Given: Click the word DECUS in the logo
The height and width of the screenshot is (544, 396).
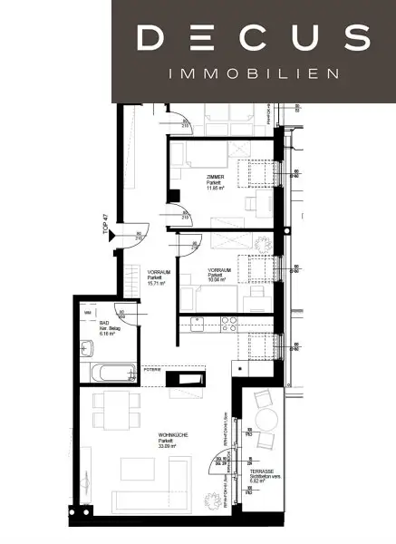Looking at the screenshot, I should pos(253,38).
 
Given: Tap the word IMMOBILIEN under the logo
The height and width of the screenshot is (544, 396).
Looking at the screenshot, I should pos(253,73).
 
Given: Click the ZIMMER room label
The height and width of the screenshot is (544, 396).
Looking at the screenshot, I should pos(215,178).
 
